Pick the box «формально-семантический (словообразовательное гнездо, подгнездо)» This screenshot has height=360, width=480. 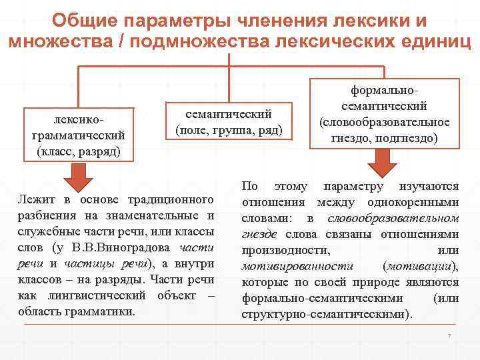tap(383, 114)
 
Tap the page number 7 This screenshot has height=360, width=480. tap(449, 335)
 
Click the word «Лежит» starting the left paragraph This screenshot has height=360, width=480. tap(37, 199)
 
